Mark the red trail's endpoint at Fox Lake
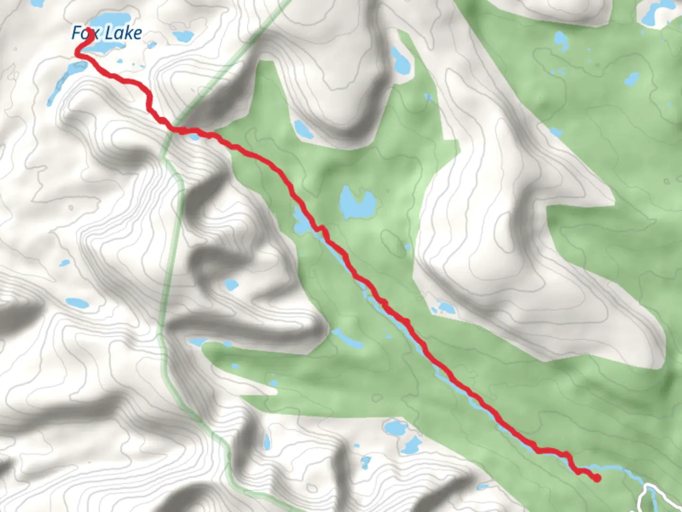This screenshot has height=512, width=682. (x=88, y=43)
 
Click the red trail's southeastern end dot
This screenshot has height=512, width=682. (x=597, y=478)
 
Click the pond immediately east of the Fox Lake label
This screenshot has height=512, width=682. (x=183, y=36)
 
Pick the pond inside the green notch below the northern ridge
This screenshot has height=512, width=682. (x=303, y=129)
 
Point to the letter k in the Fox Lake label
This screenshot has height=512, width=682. (x=126, y=33)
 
